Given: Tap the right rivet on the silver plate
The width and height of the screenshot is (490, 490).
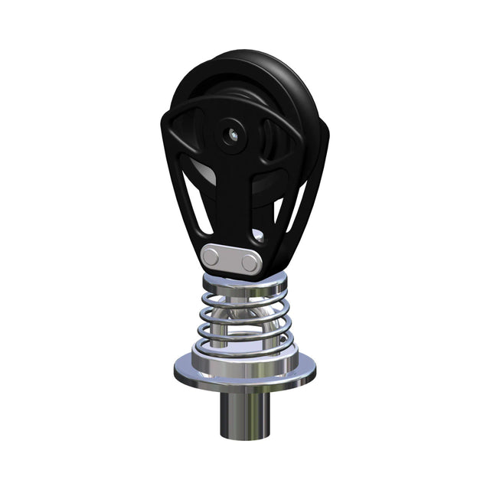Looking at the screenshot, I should (249, 263).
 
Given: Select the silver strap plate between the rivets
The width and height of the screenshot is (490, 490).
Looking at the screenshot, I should (231, 260).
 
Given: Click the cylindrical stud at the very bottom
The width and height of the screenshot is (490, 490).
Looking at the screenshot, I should (244, 413).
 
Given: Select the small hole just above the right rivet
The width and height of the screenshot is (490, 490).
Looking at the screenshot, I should (260, 237).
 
